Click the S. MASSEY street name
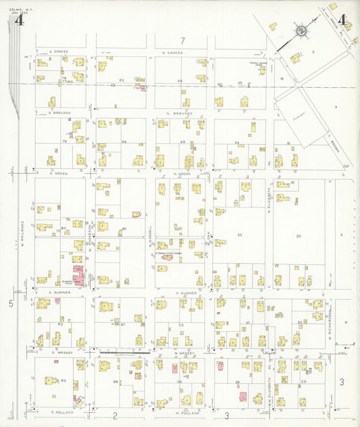pos(62,352)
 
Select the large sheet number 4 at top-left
pos(19,20)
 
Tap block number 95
pos(239,234)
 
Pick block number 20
pos(298,236)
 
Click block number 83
pos(63,382)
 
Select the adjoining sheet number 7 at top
pos(182,42)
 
